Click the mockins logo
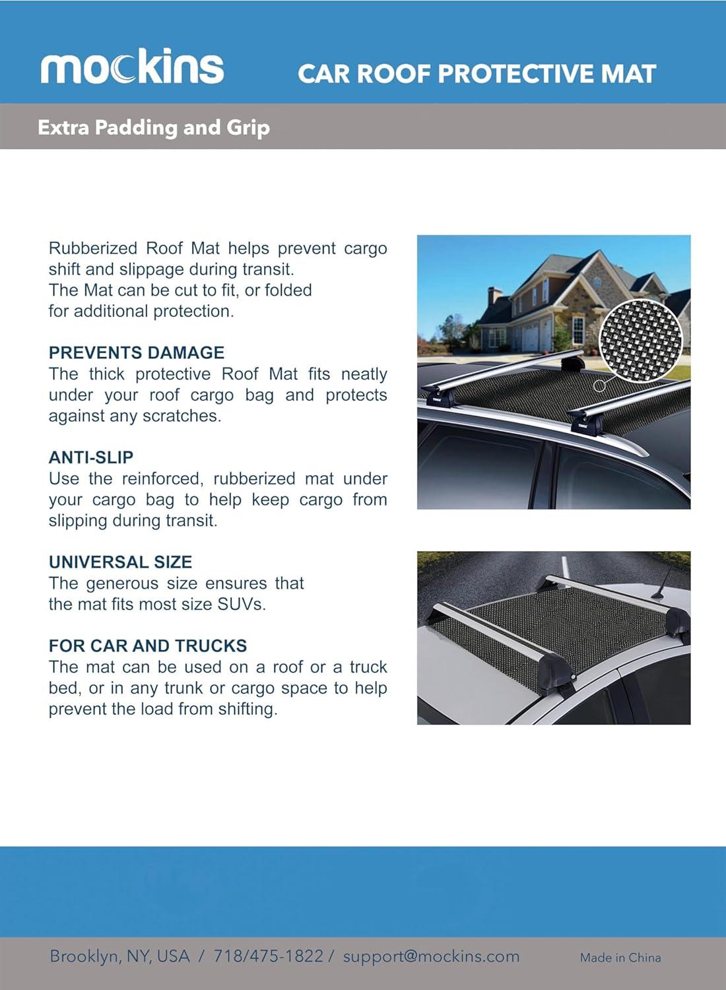[x=132, y=67]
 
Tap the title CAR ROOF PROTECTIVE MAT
[x=477, y=74]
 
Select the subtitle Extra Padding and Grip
[x=154, y=127]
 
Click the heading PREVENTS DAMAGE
[x=137, y=352]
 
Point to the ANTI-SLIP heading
[x=91, y=457]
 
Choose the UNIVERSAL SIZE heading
[x=120, y=562]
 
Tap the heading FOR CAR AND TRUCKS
[x=148, y=645]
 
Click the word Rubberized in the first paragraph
[x=93, y=248]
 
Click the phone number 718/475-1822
[x=269, y=956]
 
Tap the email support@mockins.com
[x=431, y=956]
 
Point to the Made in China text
[x=620, y=957]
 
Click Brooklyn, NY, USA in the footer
[x=119, y=956]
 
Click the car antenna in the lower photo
[x=663, y=581]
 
